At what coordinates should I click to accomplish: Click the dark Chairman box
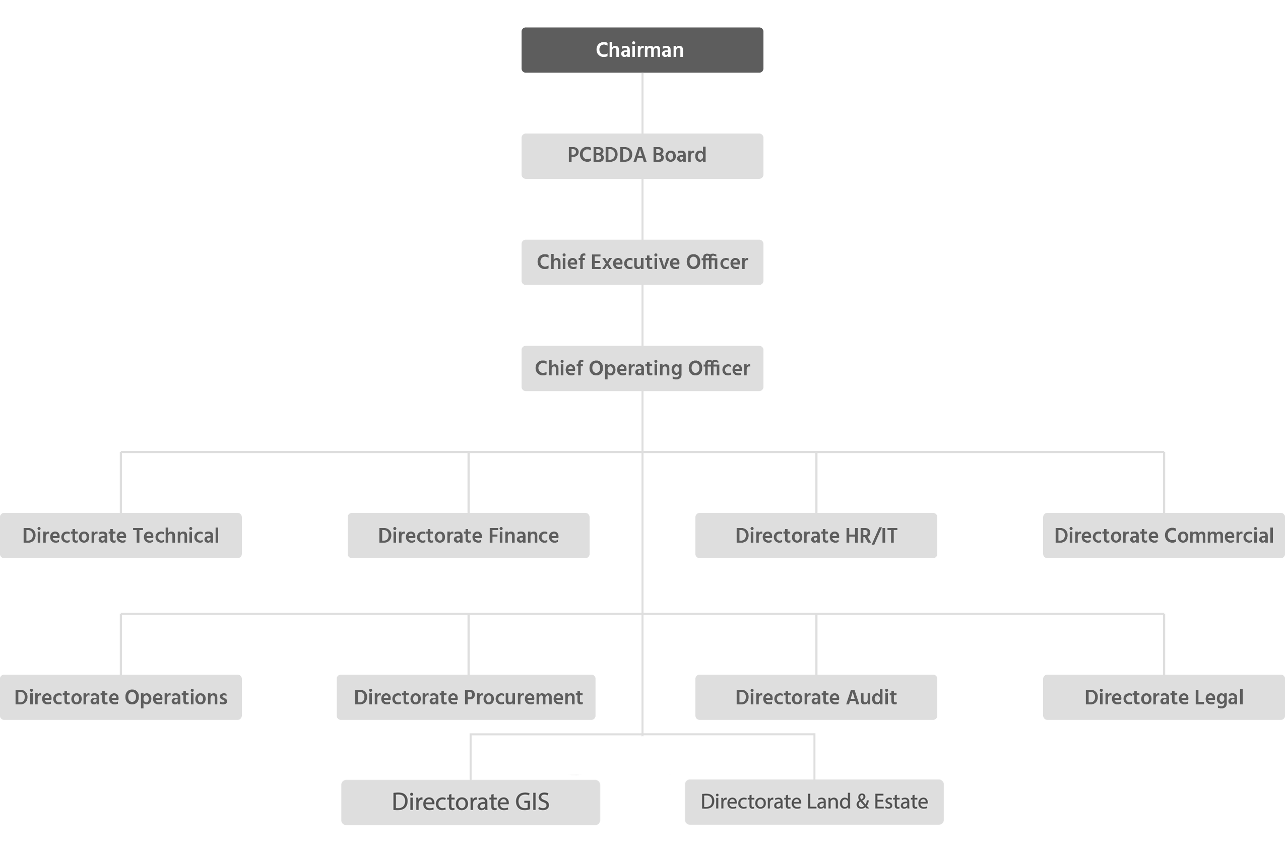(642, 50)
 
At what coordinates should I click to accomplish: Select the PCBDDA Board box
(642, 156)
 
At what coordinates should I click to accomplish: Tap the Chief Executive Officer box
(642, 262)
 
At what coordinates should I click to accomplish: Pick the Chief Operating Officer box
(642, 368)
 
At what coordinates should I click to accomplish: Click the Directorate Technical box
(120, 536)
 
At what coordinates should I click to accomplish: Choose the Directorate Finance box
(468, 536)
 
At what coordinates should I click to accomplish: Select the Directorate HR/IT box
(816, 536)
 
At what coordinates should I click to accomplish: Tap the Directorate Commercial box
(1164, 536)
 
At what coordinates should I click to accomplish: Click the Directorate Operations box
(120, 697)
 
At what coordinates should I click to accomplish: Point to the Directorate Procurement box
(466, 697)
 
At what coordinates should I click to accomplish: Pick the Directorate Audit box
(816, 697)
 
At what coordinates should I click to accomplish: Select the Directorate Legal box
(1164, 697)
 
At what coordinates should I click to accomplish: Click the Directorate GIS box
(471, 802)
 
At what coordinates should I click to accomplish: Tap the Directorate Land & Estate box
(813, 802)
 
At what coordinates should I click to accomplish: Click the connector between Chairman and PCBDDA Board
(642, 103)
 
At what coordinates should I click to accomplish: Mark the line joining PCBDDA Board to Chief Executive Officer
(642, 209)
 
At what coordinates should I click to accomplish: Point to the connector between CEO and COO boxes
(642, 315)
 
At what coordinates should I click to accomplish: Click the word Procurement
(524, 697)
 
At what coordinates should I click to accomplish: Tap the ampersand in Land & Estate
(862, 802)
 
